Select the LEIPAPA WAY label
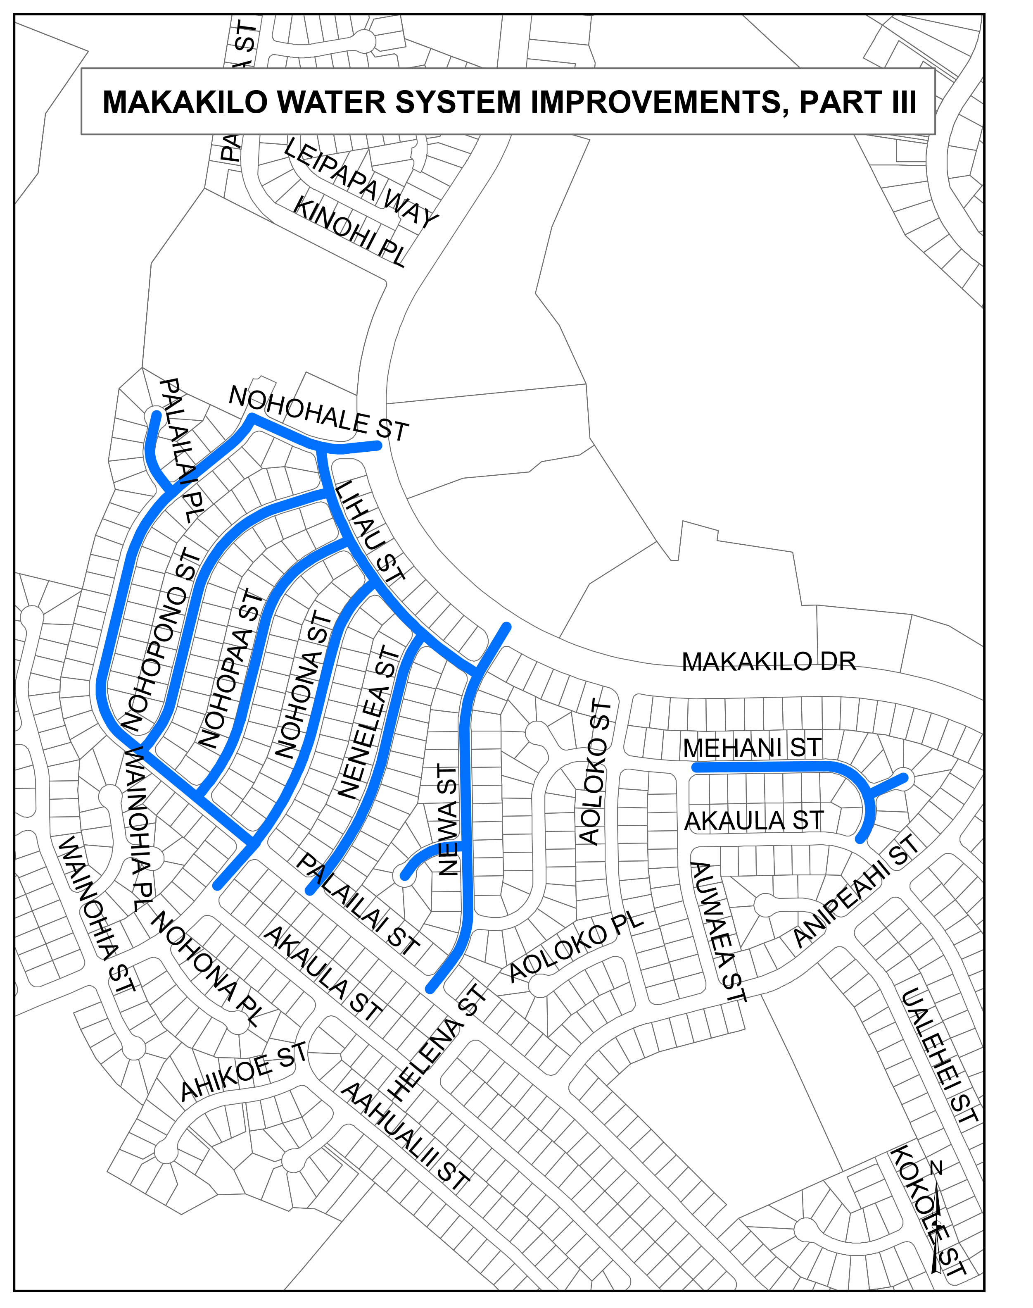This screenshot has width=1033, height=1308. coord(361,184)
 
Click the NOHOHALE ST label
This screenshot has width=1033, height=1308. coord(319,414)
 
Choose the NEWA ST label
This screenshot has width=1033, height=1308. coord(448,820)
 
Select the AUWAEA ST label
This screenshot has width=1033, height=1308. coord(719,931)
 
